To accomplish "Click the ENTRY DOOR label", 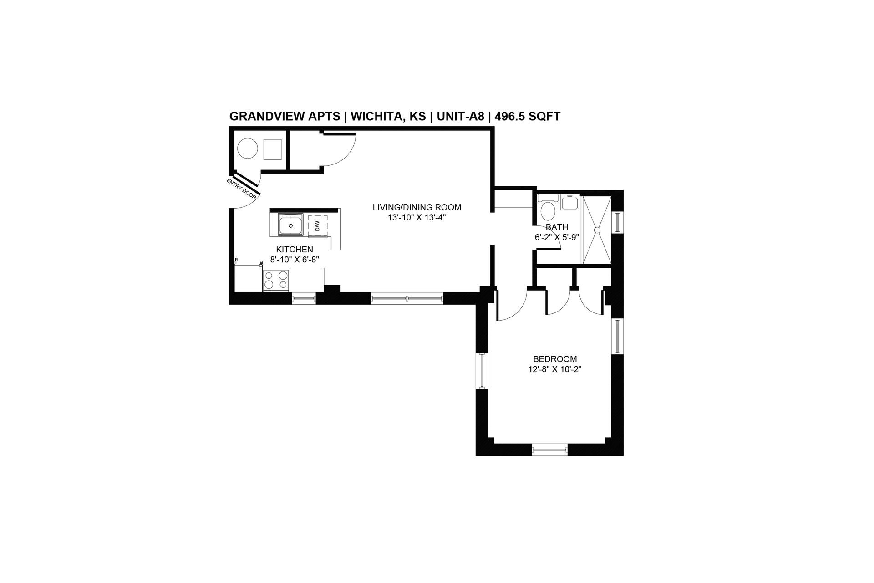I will [242, 189].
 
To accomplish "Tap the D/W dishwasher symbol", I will [317, 225].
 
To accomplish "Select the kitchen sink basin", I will [290, 225].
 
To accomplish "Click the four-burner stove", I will [276, 280].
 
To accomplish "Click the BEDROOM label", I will [555, 359].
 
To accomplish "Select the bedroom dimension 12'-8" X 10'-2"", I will [555, 369].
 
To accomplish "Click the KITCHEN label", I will [295, 250].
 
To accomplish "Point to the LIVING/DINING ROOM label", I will [417, 207].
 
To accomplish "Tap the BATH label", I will [557, 227].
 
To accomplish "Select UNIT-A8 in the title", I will [460, 117].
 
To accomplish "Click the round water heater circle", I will [248, 148].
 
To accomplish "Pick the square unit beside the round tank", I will [272, 149].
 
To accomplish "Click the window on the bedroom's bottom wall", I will [550, 450].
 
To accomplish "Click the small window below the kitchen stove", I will [304, 298].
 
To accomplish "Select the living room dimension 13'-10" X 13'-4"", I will [417, 218].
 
